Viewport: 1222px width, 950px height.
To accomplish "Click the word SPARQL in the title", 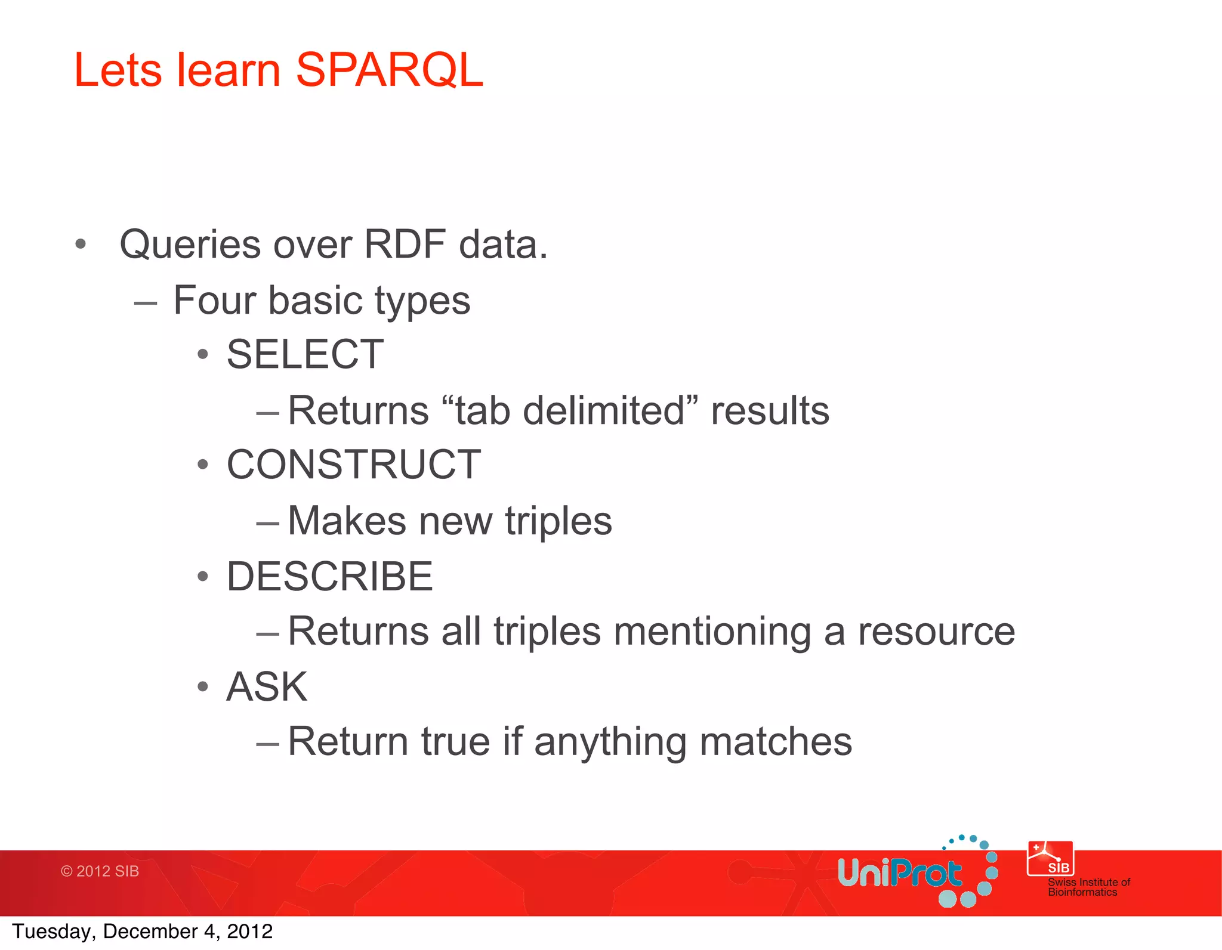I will coord(389,70).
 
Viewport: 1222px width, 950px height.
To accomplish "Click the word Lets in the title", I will coord(118,70).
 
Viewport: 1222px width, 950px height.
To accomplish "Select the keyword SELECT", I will coord(305,354).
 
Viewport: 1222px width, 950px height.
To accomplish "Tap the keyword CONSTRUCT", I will coord(354,465).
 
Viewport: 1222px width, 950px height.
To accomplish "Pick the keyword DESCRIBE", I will coord(329,577).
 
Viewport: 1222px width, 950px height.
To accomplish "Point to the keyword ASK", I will coord(267,687).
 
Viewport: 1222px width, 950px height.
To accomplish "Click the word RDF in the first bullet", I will coord(405,245).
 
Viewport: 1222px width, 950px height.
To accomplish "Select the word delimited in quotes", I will coord(604,411).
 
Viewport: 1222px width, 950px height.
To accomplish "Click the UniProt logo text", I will coord(899,874).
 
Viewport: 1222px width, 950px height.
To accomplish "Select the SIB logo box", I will coord(1050,859).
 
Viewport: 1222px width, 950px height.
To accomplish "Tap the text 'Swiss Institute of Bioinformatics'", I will coord(1088,887).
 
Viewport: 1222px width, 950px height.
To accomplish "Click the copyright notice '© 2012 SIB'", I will coord(100,871).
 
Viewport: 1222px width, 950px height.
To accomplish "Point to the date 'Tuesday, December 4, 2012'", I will coord(142,932).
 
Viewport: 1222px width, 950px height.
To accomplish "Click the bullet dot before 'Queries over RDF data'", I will coord(81,244).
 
